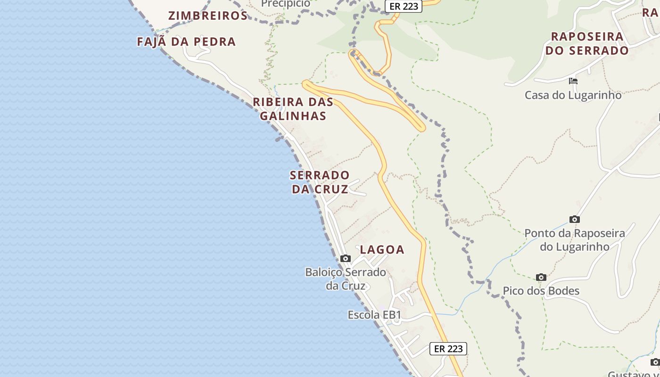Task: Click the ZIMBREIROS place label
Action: (208, 16)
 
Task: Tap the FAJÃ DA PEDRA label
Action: (186, 41)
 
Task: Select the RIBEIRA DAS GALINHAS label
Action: (293, 109)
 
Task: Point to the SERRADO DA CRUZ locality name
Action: (320, 182)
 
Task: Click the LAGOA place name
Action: (382, 250)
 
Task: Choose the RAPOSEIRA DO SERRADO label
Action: (587, 43)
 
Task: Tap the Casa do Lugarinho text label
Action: (573, 95)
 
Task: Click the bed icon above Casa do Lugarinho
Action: (573, 81)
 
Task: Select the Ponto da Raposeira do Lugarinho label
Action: (575, 240)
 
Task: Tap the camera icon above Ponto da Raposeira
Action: (574, 219)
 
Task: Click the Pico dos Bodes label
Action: (541, 291)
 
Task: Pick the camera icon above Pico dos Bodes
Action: (541, 277)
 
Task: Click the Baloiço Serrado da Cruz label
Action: (346, 279)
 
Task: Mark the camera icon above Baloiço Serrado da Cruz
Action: (346, 258)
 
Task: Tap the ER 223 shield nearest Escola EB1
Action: (448, 349)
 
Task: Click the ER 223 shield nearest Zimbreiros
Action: (404, 6)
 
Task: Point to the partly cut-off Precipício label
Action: (286, 4)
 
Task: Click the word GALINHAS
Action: (293, 116)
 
